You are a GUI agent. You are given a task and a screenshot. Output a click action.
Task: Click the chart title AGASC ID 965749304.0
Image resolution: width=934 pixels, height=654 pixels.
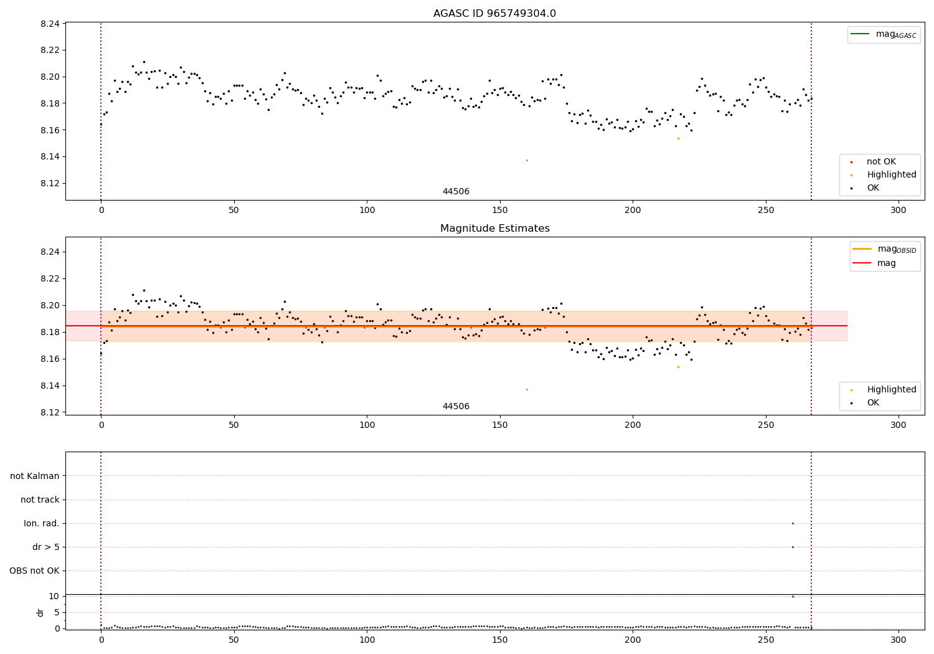coord(494,14)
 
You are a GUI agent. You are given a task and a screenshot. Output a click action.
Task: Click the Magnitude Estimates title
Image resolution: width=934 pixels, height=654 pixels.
coord(494,229)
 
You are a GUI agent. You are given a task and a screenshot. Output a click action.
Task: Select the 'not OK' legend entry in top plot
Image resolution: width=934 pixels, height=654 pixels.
coord(880,162)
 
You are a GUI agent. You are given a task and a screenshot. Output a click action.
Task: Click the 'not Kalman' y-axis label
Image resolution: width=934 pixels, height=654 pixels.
coord(35,476)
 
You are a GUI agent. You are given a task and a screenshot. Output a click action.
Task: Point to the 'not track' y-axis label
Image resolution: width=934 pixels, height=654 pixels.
coord(40,500)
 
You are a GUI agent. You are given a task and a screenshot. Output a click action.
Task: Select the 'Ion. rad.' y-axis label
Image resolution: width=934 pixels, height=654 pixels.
coord(42,523)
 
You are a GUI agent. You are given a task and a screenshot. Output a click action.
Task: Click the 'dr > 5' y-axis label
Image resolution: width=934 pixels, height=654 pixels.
coord(46,547)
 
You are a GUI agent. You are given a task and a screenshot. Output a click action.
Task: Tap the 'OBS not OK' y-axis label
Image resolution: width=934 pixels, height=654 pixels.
coord(34,571)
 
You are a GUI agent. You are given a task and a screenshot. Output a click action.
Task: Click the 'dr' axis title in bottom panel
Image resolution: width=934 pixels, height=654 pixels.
coord(40,612)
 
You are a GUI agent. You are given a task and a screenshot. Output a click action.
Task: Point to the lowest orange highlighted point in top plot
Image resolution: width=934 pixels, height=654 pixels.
coord(527,160)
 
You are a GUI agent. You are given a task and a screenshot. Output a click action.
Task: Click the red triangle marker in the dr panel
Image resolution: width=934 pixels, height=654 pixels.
coord(793,597)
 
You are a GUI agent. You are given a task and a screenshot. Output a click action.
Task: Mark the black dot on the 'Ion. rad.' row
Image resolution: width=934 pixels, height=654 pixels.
coord(793,523)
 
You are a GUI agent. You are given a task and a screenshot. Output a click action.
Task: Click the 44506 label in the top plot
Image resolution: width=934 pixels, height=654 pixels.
coord(456,192)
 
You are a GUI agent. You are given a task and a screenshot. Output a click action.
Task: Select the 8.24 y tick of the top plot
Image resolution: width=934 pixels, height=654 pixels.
coord(50,24)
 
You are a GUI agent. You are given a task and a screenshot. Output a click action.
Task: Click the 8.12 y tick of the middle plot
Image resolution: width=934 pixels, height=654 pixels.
coord(50,412)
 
